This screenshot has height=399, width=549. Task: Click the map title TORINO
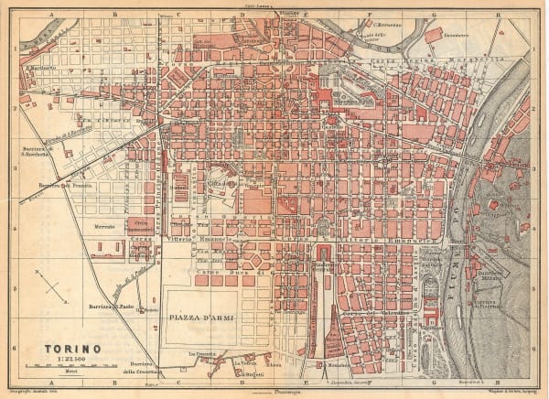tap(73, 349)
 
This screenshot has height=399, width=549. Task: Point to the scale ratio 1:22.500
tap(71, 361)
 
